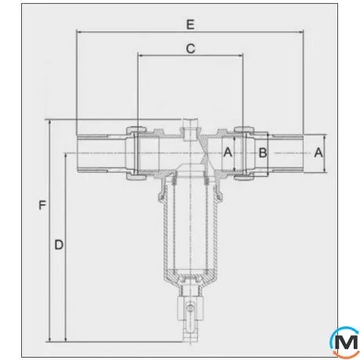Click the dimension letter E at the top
click(189, 23)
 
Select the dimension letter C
click(189, 49)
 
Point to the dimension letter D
click(59, 244)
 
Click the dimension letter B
click(263, 152)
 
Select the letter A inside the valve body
click(229, 152)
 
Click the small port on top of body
click(189, 128)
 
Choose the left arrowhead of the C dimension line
click(139, 56)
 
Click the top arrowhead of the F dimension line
click(51, 122)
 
